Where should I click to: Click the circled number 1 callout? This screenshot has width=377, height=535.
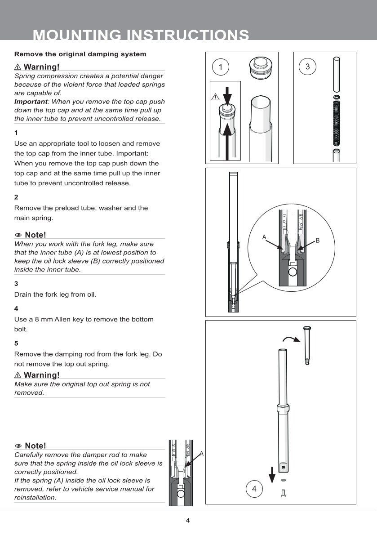[x=220, y=67]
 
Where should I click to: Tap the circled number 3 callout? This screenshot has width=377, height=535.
[x=307, y=67]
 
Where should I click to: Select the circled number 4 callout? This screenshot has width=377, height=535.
[x=254, y=488]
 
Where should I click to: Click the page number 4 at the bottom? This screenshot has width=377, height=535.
[x=188, y=521]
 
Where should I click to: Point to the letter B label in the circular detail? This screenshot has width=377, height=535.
[x=317, y=241]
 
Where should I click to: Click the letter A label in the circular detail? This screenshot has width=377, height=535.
[x=264, y=236]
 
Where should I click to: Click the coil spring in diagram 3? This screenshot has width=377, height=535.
[x=336, y=123]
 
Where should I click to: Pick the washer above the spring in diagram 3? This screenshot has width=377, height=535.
[x=336, y=97]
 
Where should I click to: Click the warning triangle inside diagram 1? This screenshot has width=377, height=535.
[x=214, y=97]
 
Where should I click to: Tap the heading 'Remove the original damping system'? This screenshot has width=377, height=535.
[x=80, y=54]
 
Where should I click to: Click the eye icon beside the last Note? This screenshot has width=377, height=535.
[x=18, y=446]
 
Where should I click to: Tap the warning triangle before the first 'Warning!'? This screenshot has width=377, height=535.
[x=18, y=67]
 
